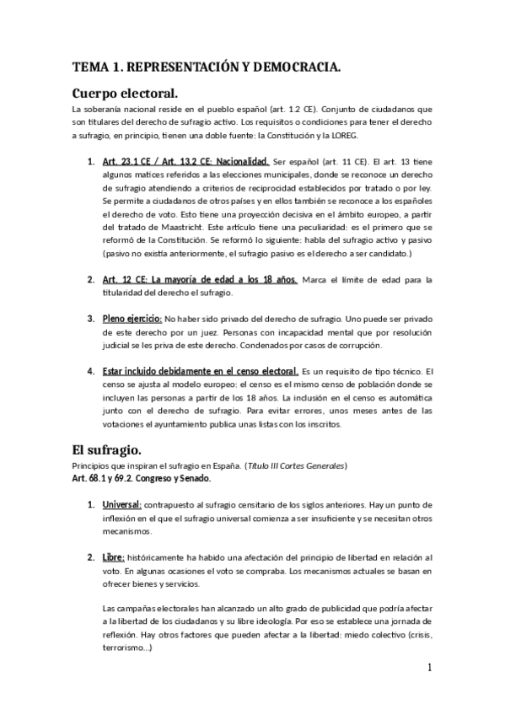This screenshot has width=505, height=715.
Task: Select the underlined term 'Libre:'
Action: pyautogui.click(x=114, y=557)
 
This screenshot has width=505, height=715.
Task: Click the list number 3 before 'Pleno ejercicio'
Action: pyautogui.click(x=90, y=319)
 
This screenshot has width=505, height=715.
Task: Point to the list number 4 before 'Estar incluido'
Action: pyautogui.click(x=90, y=370)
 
